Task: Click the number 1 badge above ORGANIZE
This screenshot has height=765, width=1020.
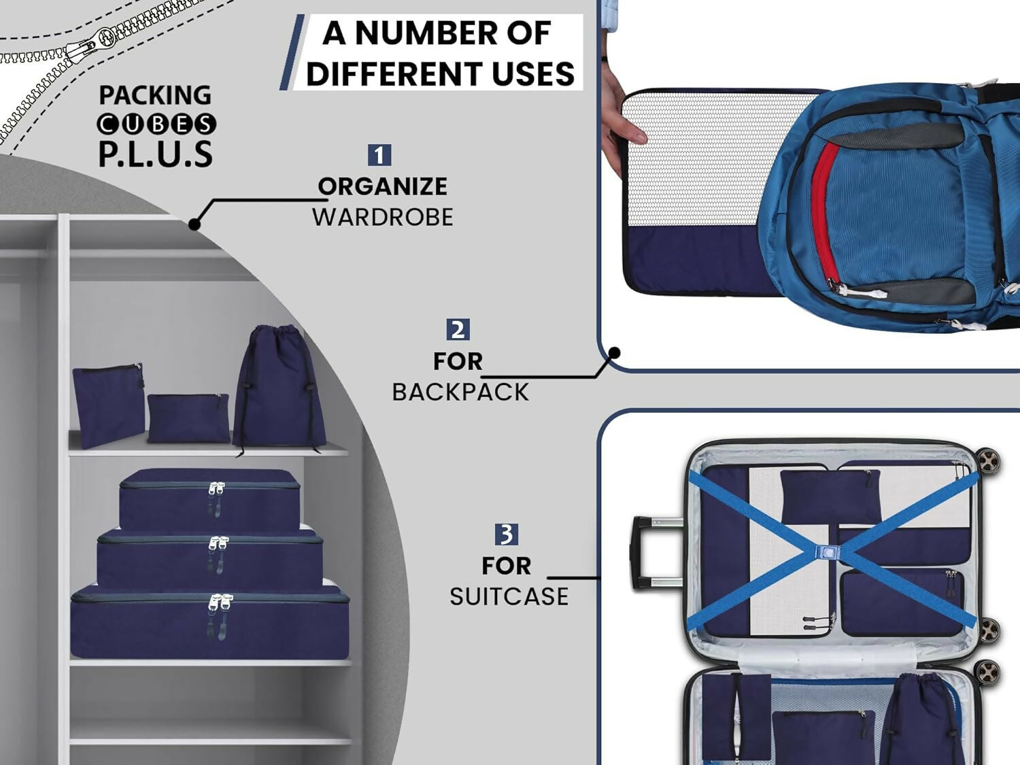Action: [x=379, y=155]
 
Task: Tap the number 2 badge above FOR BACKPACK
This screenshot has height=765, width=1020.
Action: [x=458, y=329]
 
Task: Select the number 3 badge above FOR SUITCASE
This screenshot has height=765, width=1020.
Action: [x=507, y=534]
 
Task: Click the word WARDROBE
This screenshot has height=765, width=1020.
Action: [x=382, y=218]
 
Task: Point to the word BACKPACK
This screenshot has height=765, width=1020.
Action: [x=460, y=392]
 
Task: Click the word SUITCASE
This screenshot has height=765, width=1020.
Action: [x=509, y=596]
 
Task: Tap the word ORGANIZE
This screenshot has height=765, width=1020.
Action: [x=382, y=186]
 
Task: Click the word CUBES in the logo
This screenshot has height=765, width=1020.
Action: [x=156, y=124]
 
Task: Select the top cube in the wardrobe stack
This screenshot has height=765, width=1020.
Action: [x=209, y=500]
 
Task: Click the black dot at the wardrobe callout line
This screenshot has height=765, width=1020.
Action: [x=194, y=224]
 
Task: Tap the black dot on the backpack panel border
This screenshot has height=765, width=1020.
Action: [x=614, y=353]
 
